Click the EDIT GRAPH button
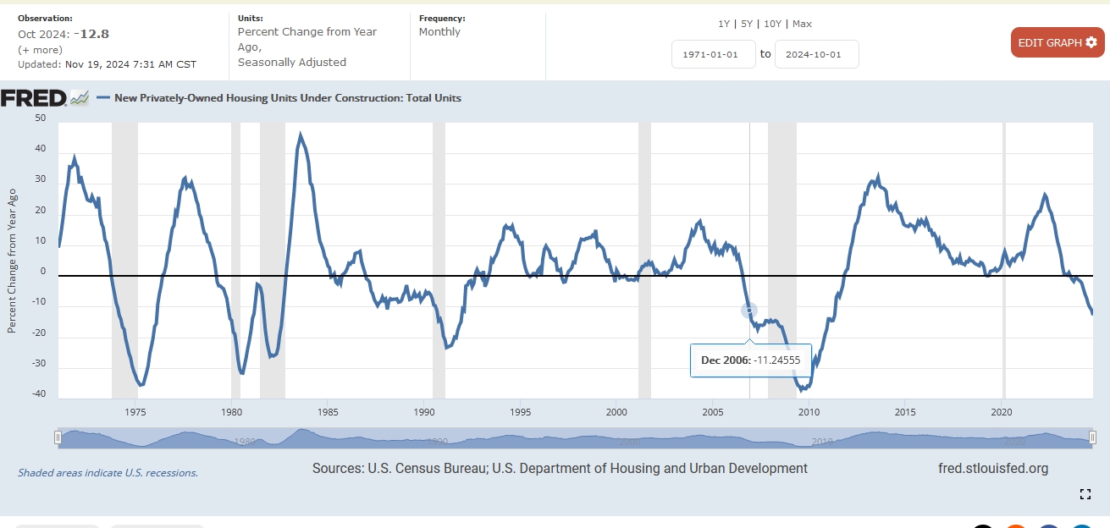click(1057, 42)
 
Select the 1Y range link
click(725, 24)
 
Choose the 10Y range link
click(772, 24)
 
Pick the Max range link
click(802, 24)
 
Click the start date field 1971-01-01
click(713, 54)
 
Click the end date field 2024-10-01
click(816, 54)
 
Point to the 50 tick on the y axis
click(41, 118)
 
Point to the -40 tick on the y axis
click(39, 394)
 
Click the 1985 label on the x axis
click(329, 412)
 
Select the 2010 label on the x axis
click(809, 412)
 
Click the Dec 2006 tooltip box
click(750, 360)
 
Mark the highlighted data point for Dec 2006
click(748, 311)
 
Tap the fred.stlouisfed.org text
click(992, 468)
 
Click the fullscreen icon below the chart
click(1085, 494)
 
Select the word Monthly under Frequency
click(439, 32)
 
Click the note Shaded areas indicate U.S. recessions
click(108, 473)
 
